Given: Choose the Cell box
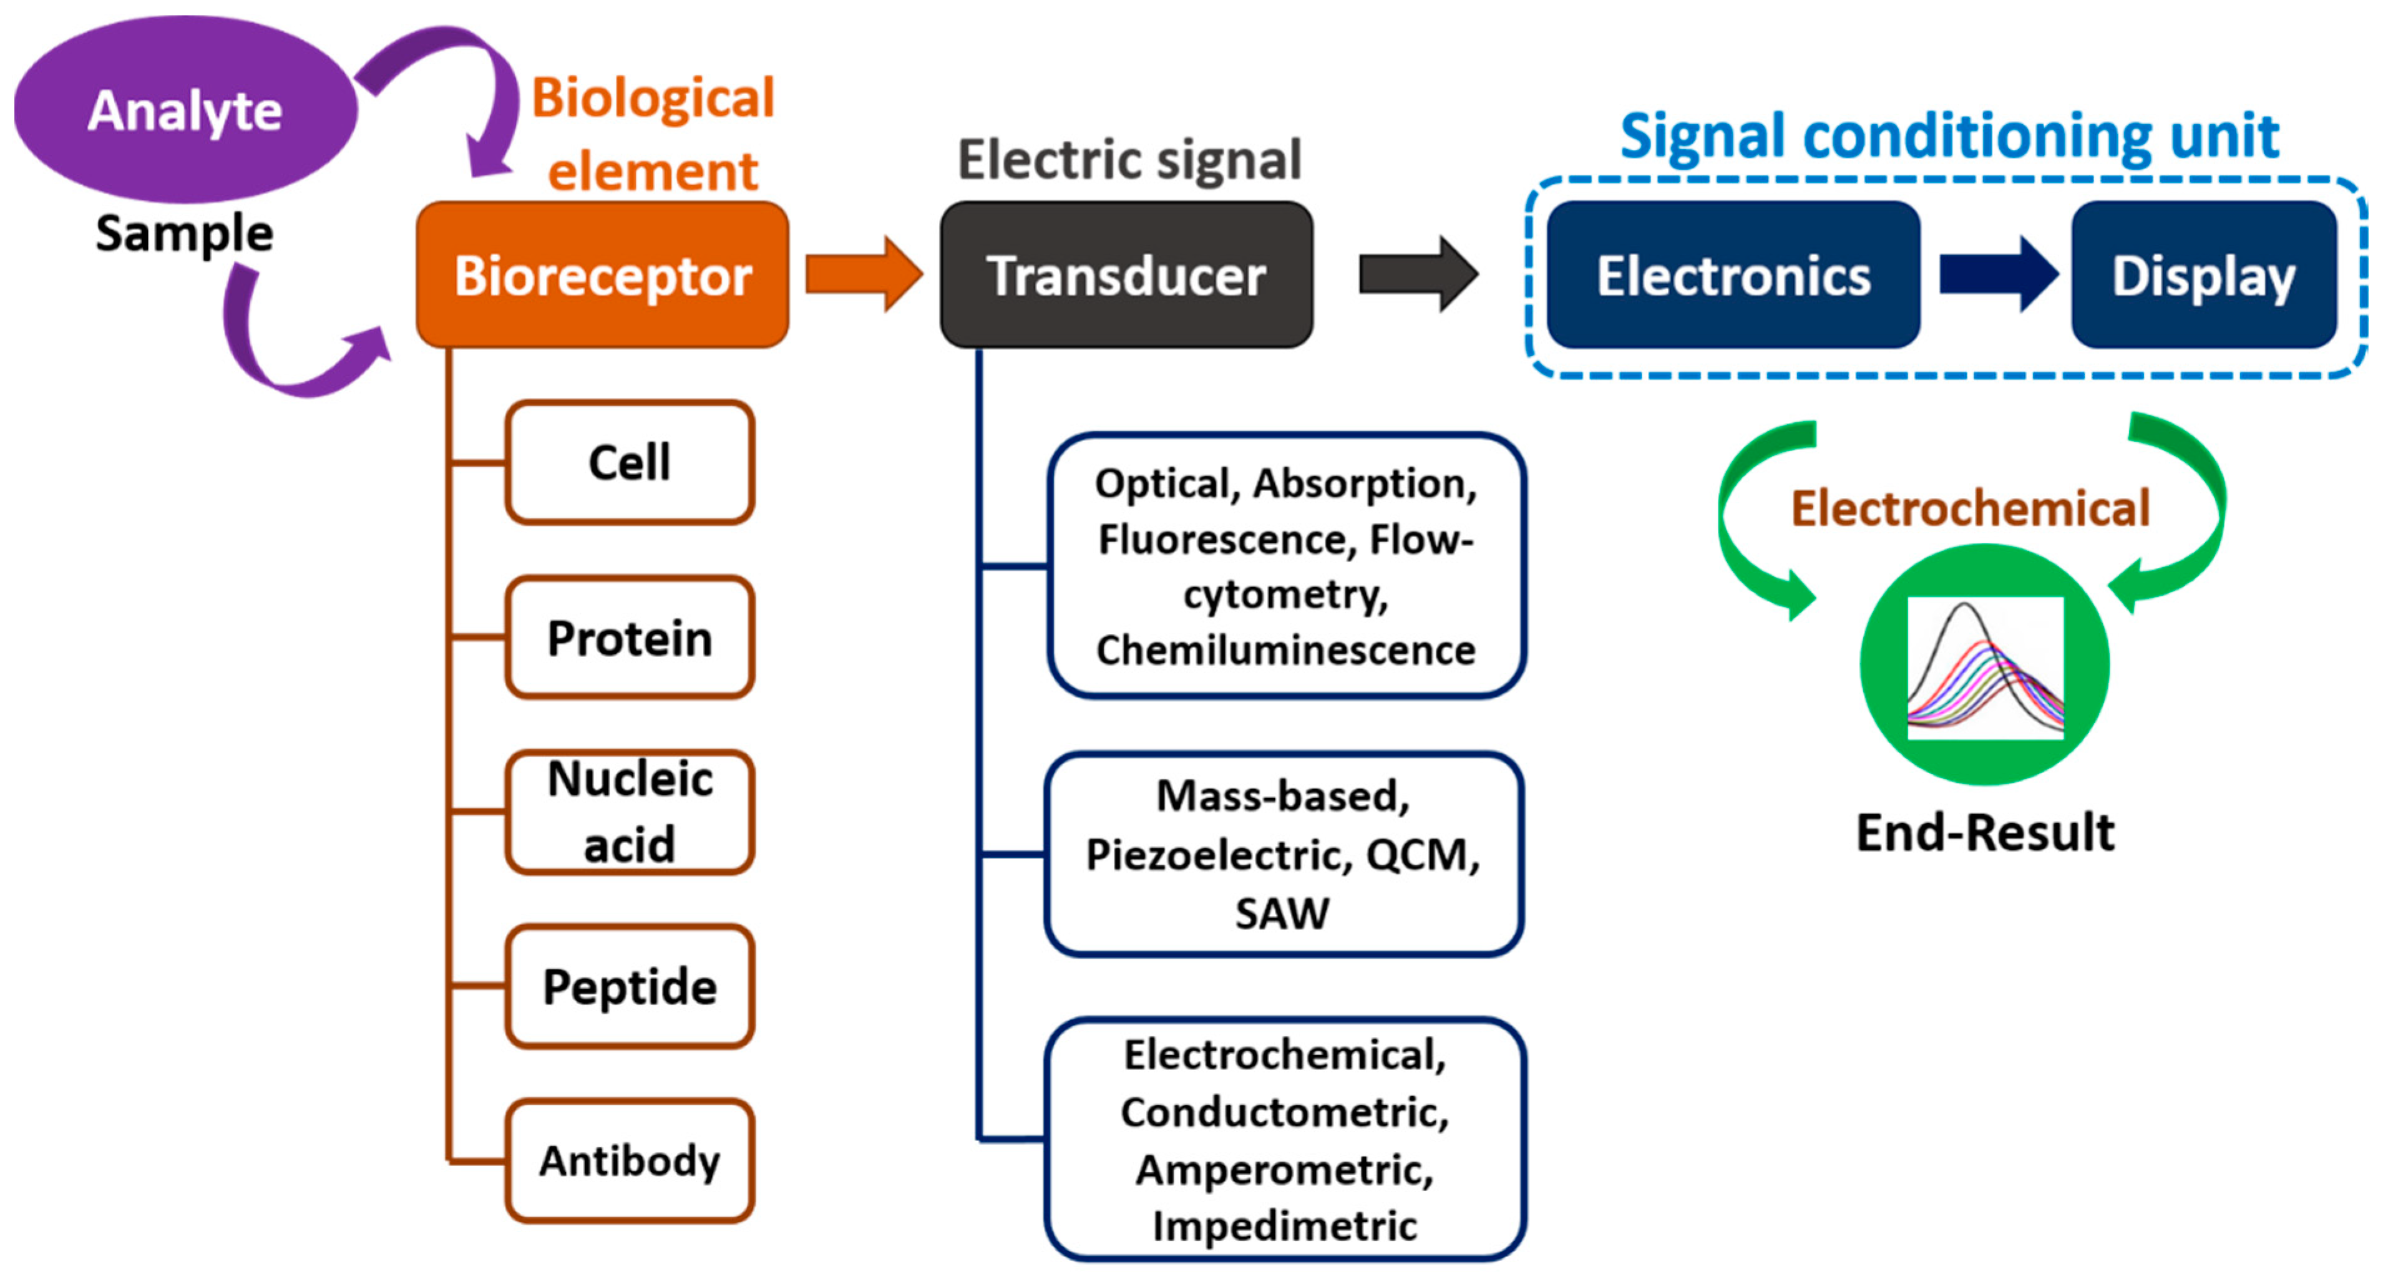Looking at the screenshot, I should [x=629, y=462].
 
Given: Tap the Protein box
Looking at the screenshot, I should [x=629, y=638].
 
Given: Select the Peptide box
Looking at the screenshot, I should [x=629, y=986].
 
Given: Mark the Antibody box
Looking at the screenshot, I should [x=629, y=1161].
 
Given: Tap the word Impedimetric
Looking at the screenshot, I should [x=1284, y=1226].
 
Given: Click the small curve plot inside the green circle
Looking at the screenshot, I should [x=1986, y=668].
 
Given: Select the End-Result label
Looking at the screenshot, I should [x=1986, y=832].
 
